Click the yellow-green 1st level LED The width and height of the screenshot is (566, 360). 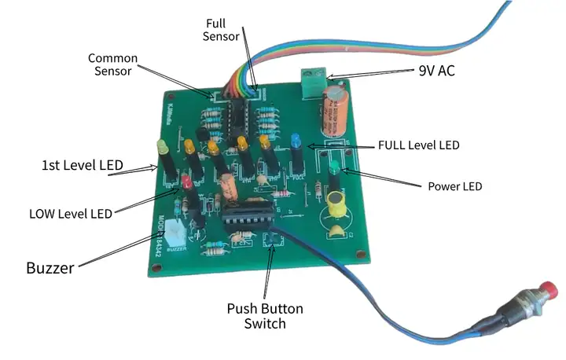click(x=162, y=148)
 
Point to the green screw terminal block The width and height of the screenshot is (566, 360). click(x=313, y=77)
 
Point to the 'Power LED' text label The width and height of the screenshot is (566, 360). click(x=454, y=186)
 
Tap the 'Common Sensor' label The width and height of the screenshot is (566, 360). click(x=112, y=65)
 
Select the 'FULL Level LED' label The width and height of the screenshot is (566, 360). click(x=418, y=145)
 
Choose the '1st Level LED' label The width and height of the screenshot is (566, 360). click(x=83, y=166)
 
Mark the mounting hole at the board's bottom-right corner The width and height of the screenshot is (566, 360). click(x=360, y=255)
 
